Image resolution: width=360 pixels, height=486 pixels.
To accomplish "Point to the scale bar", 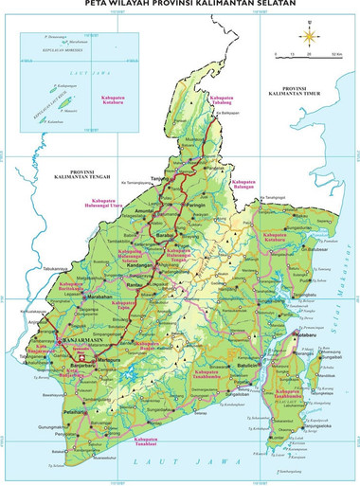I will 305,54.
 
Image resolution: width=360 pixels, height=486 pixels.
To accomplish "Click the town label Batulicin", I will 249,365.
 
